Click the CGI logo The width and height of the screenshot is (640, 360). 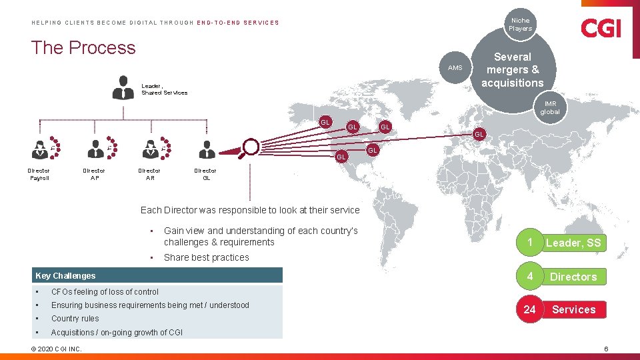pyautogui.click(x=601, y=28)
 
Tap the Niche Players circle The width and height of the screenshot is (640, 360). pyautogui.click(x=520, y=25)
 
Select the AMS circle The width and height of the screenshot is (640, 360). pyautogui.click(x=455, y=68)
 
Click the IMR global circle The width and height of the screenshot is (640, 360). pyautogui.click(x=550, y=108)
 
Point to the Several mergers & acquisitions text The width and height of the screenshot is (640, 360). pyautogui.click(x=512, y=70)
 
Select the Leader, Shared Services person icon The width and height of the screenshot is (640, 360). pyautogui.click(x=123, y=87)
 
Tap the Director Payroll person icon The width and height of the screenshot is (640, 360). pyautogui.click(x=39, y=150)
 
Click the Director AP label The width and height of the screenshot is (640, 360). pyautogui.click(x=94, y=174)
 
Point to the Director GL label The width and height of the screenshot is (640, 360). pyautogui.click(x=205, y=174)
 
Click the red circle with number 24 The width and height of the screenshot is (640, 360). pyautogui.click(x=529, y=309)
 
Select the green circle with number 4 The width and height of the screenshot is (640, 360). pyautogui.click(x=529, y=276)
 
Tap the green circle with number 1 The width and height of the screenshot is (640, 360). pyautogui.click(x=529, y=243)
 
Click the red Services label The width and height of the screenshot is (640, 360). pyautogui.click(x=573, y=309)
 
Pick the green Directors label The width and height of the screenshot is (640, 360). pyautogui.click(x=573, y=276)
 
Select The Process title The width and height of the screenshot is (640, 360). pyautogui.click(x=83, y=48)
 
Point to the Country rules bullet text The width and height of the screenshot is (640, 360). pyautogui.click(x=75, y=319)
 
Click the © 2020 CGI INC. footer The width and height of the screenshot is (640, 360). pyautogui.click(x=57, y=349)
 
